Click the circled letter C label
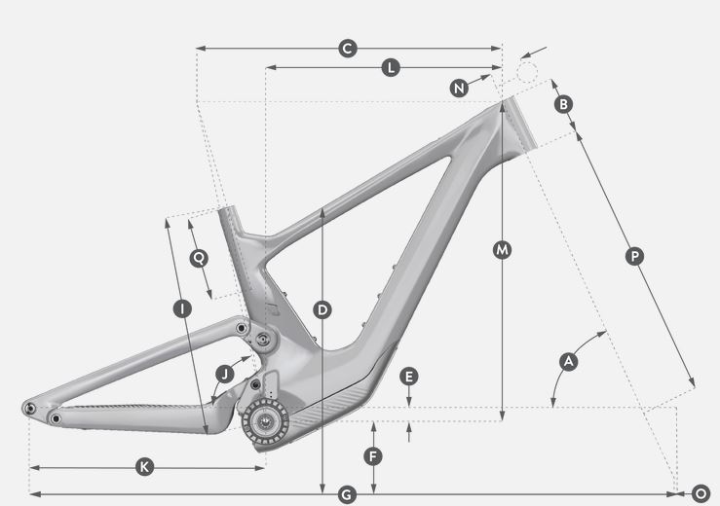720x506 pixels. click(348, 49)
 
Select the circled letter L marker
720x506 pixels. click(391, 67)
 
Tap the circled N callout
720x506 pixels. click(459, 88)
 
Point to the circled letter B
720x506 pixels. click(563, 104)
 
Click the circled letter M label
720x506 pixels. click(502, 250)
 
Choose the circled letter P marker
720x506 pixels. click(634, 256)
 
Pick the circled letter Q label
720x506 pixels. click(199, 258)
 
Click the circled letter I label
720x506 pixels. click(182, 308)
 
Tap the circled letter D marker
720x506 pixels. click(322, 310)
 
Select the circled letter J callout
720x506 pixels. click(225, 375)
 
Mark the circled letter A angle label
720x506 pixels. click(568, 361)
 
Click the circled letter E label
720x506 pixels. click(408, 377)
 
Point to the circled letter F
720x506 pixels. click(373, 456)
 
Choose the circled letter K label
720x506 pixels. click(144, 467)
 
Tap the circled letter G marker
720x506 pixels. click(347, 495)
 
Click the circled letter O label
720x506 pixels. click(701, 494)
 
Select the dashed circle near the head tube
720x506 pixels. click(527, 72)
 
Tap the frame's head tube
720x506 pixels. click(519, 127)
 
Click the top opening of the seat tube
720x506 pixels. click(227, 209)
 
